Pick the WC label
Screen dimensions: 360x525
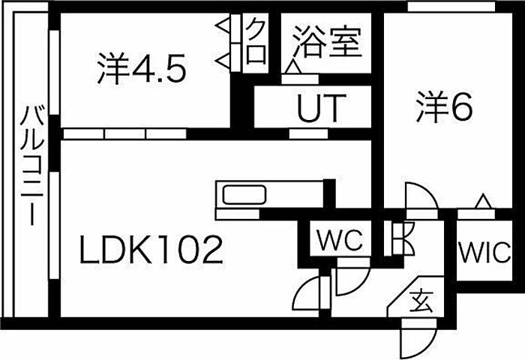(339, 241)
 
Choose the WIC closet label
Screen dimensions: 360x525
(486, 249)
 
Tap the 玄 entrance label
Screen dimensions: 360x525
(420, 303)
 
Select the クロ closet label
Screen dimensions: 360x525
(256, 42)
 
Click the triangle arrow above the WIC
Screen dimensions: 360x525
(482, 202)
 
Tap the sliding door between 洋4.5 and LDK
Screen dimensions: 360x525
(124, 133)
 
